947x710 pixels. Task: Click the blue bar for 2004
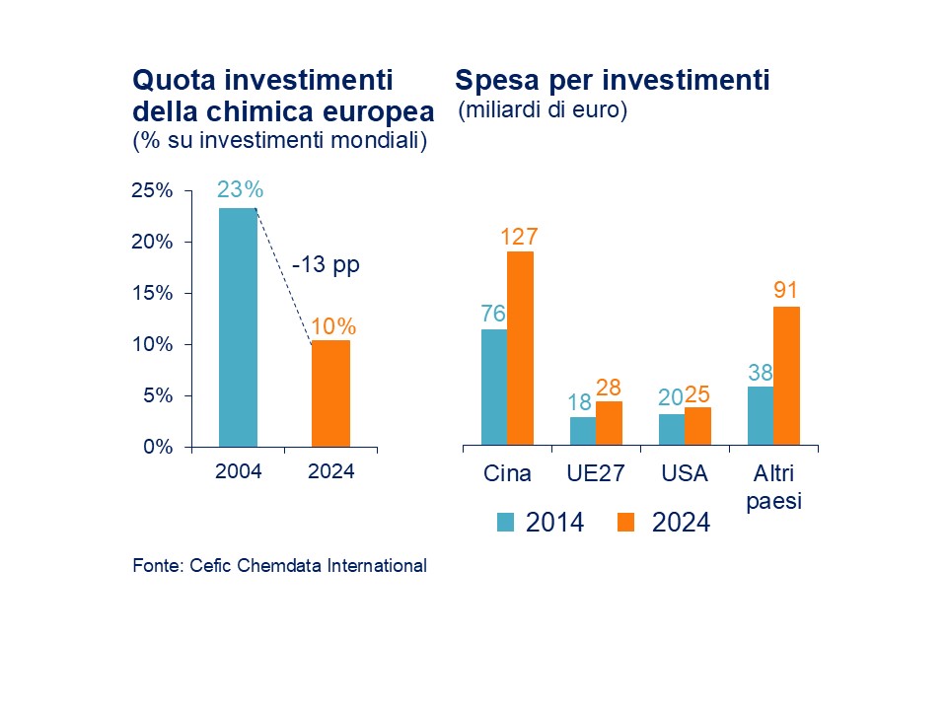pyautogui.click(x=238, y=326)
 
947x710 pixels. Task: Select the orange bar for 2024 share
pyautogui.click(x=330, y=392)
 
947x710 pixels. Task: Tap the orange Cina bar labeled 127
pyautogui.click(x=520, y=348)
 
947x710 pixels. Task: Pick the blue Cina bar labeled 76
pyautogui.click(x=494, y=387)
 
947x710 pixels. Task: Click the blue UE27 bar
pyautogui.click(x=583, y=431)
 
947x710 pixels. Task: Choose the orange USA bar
pyautogui.click(x=697, y=426)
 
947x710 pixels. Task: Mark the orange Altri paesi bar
pyautogui.click(x=786, y=376)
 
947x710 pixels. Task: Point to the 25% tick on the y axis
pyautogui.click(x=152, y=191)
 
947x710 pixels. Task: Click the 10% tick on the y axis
pyautogui.click(x=152, y=344)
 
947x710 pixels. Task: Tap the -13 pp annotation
pyautogui.click(x=325, y=264)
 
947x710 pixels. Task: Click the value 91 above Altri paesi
pyautogui.click(x=786, y=291)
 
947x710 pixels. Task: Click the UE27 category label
pyautogui.click(x=596, y=473)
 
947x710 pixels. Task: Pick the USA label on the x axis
pyautogui.click(x=685, y=473)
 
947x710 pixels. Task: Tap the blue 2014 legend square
pyautogui.click(x=505, y=523)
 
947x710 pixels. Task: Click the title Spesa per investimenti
pyautogui.click(x=612, y=81)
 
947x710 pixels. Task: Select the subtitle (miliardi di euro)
pyautogui.click(x=544, y=110)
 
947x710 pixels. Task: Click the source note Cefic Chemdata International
pyautogui.click(x=279, y=566)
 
